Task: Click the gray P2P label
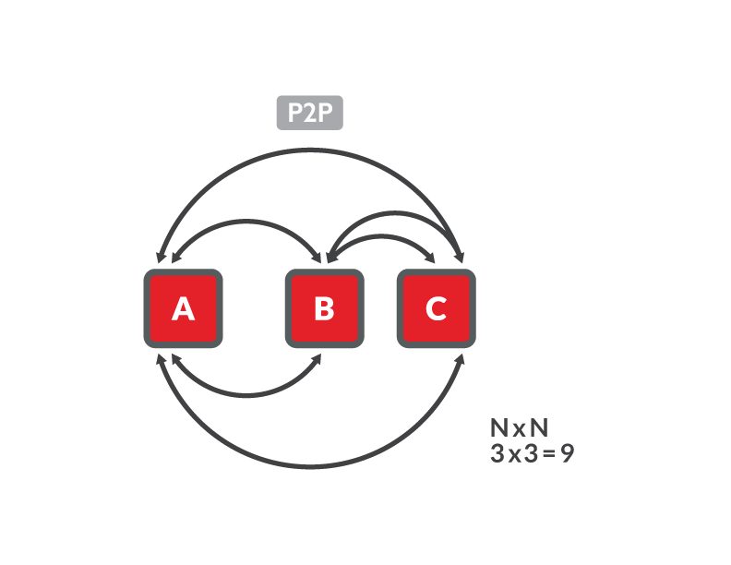tap(309, 113)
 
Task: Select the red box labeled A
tap(184, 308)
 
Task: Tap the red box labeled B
tap(325, 308)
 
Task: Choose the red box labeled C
tap(437, 308)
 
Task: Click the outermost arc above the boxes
tap(310, 150)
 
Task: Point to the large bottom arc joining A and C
tap(310, 465)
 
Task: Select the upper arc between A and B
tap(246, 221)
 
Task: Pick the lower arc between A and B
tap(246, 396)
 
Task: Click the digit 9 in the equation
tap(568, 453)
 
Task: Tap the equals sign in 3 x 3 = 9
tap(549, 453)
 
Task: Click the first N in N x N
tap(498, 427)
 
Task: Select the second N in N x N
tap(539, 427)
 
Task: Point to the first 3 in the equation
tap(497, 453)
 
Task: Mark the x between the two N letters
tap(519, 429)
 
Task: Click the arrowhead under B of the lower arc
tap(317, 359)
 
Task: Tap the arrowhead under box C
tap(460, 359)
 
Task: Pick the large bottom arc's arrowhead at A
tap(161, 359)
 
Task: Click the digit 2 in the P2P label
tap(310, 113)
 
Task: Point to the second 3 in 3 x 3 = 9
tap(531, 453)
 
